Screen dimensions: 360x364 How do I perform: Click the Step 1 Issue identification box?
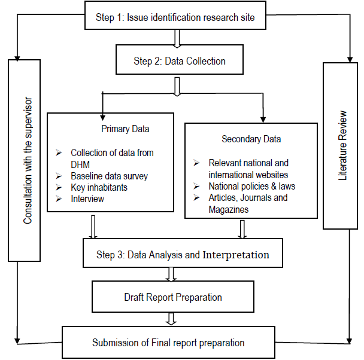click(x=175, y=17)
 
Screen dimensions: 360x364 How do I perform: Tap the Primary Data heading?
click(x=125, y=128)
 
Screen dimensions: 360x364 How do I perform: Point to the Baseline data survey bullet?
click(x=109, y=176)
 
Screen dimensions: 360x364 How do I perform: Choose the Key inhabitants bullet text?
click(x=99, y=188)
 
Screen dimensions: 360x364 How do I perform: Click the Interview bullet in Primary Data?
click(x=87, y=199)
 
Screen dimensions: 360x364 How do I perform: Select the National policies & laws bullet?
click(x=251, y=186)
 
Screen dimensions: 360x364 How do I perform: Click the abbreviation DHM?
click(x=81, y=164)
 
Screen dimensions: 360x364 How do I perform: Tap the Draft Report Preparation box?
click(x=173, y=297)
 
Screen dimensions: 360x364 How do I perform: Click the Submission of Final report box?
click(x=168, y=343)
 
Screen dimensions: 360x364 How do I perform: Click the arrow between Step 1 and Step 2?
click(x=177, y=38)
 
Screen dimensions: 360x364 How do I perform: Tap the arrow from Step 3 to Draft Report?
click(x=172, y=274)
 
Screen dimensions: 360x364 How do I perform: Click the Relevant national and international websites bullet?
click(x=248, y=169)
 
